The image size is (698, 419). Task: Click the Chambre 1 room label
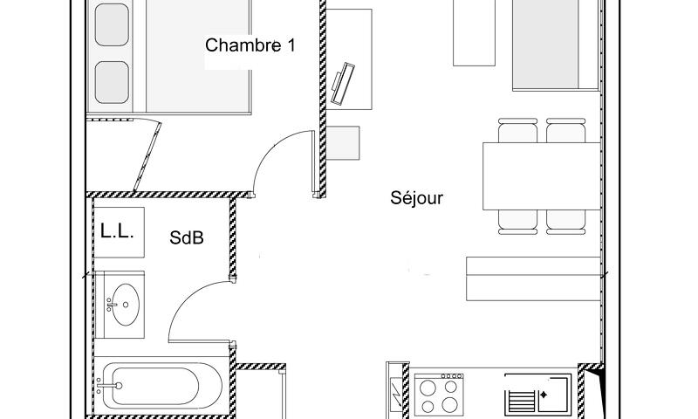(250, 45)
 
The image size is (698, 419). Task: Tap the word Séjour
(416, 198)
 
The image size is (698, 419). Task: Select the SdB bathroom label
(187, 237)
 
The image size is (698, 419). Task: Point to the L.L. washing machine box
(117, 232)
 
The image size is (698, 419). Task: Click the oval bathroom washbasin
(126, 305)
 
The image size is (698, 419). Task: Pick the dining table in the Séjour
(540, 175)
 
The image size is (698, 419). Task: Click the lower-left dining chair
(517, 221)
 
